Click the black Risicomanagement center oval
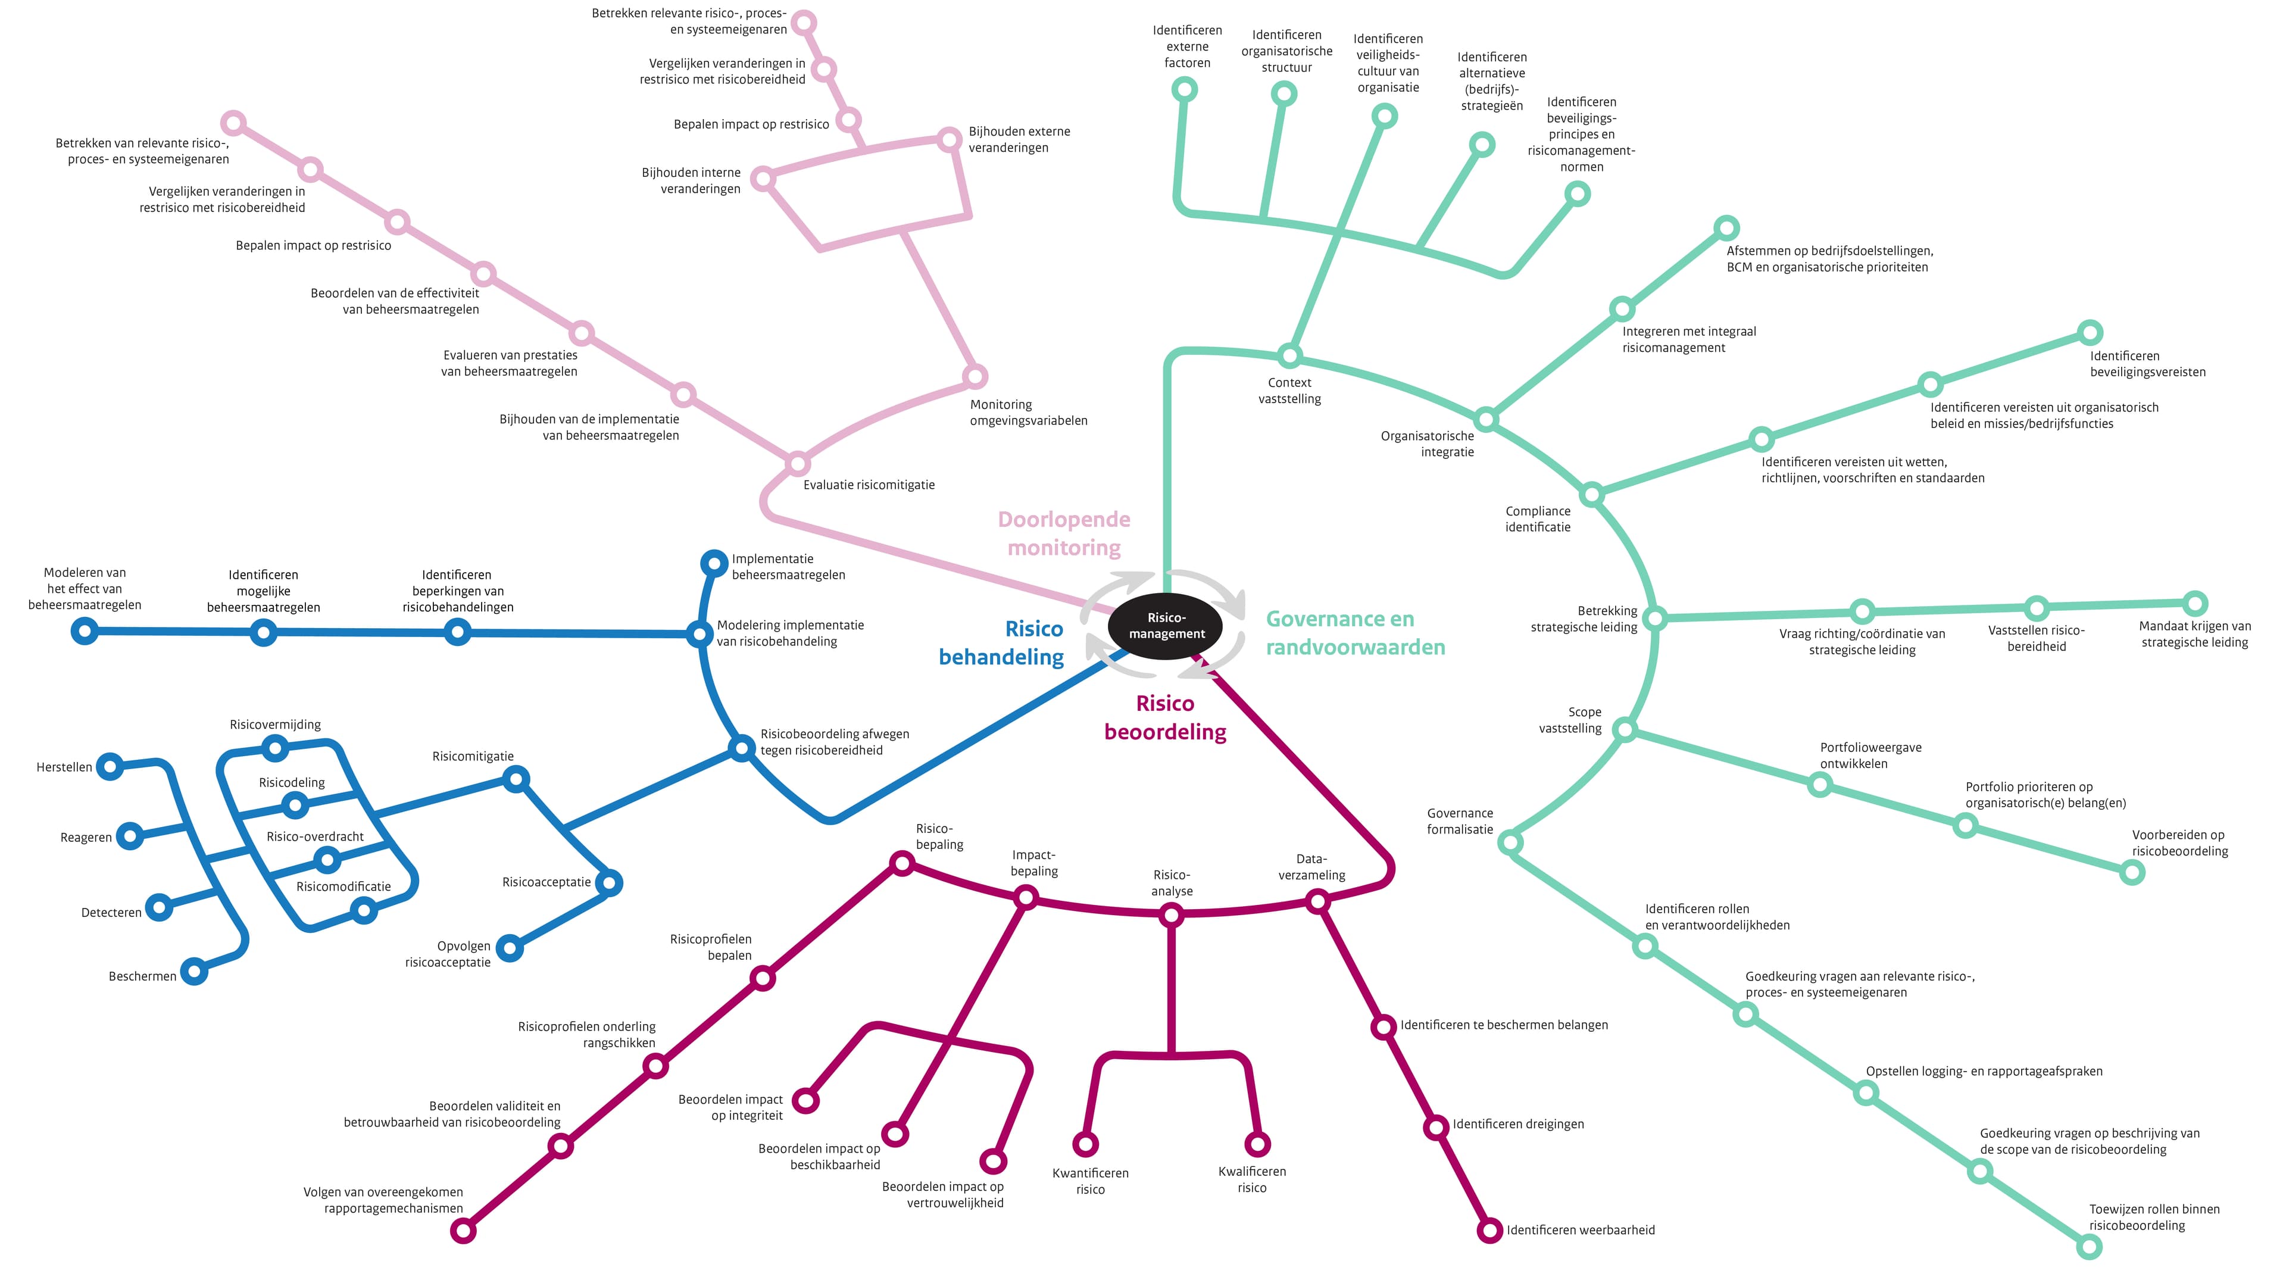1165,626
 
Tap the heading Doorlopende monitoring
1064,533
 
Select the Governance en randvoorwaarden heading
1355,633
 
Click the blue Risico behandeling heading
1002,642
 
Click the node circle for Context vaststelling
1289,356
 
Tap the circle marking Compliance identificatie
1592,494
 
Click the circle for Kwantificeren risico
1085,1144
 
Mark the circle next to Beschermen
194,972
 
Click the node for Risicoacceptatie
609,883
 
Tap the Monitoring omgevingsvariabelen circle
975,376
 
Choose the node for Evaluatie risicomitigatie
798,463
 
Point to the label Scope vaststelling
1571,720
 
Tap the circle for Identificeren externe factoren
1185,89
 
